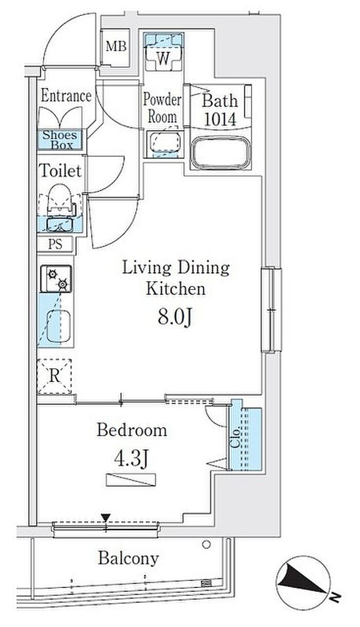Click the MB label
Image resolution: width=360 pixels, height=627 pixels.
point(116,46)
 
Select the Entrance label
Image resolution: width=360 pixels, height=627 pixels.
point(66,96)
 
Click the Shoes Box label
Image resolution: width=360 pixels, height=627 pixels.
point(60,140)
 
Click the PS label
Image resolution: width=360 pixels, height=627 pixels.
point(55,244)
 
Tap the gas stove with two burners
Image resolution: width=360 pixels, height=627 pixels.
point(56,279)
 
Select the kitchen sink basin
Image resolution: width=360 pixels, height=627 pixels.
point(58,326)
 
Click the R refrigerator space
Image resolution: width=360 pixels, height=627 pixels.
point(55,376)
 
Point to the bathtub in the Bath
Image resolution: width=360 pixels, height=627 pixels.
point(221,153)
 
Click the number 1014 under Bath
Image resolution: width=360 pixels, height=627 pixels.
point(220,119)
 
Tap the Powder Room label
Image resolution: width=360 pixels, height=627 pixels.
point(162,108)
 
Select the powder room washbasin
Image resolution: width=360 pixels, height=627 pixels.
point(165,142)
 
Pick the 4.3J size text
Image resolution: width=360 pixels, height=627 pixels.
point(131,459)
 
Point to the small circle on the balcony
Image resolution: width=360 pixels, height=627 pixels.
point(206,545)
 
